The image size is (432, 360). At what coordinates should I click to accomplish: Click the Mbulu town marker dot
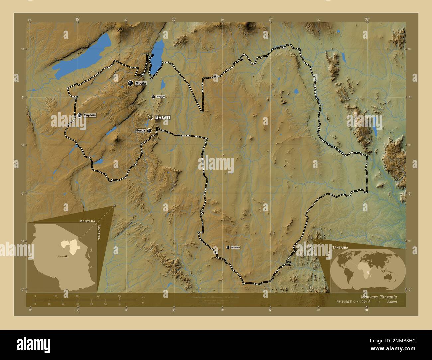click(130, 83)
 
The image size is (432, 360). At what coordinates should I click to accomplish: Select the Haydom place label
click(90, 115)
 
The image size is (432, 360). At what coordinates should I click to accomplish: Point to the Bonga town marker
click(149, 131)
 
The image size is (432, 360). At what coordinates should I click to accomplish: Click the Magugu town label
click(161, 97)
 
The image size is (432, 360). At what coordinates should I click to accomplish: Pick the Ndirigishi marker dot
click(228, 247)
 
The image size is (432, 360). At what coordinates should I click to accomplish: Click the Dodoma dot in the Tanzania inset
click(66, 256)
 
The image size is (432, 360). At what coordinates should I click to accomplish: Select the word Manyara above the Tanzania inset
click(87, 221)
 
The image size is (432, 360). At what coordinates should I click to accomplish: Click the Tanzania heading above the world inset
click(340, 247)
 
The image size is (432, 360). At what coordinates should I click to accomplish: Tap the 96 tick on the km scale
click(119, 296)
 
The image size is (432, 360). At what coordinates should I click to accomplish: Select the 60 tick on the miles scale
click(119, 304)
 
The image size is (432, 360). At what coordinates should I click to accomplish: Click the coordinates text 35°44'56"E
click(343, 302)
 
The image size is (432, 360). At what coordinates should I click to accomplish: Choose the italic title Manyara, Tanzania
click(378, 296)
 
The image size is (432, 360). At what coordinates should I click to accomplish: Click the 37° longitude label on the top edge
click(270, 19)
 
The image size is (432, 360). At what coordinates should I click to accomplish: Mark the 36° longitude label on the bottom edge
click(174, 310)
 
